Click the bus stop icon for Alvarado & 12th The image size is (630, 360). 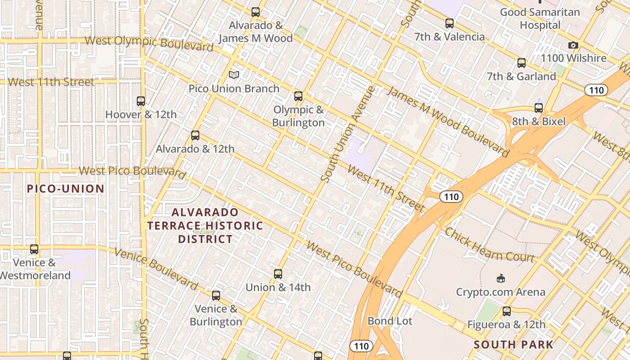[x=195, y=135]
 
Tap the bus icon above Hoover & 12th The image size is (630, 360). [x=141, y=101]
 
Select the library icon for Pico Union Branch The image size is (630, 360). [x=234, y=75]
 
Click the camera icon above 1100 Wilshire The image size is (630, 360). [x=573, y=45]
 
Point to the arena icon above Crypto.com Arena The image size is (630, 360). [x=500, y=279]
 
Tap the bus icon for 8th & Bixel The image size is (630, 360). [x=539, y=108]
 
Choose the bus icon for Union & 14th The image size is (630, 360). [x=278, y=274]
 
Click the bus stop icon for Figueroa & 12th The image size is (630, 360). [x=507, y=311]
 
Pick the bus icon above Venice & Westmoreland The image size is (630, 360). [x=34, y=249]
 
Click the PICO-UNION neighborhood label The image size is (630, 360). [x=66, y=189]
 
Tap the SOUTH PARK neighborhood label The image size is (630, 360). [x=513, y=345]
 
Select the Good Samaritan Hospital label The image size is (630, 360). [x=540, y=18]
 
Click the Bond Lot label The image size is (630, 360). [x=390, y=321]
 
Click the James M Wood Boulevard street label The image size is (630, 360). [x=448, y=122]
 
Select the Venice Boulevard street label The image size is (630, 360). [x=156, y=269]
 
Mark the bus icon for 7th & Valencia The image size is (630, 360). [x=450, y=23]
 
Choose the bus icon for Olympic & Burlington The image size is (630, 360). [x=298, y=96]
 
